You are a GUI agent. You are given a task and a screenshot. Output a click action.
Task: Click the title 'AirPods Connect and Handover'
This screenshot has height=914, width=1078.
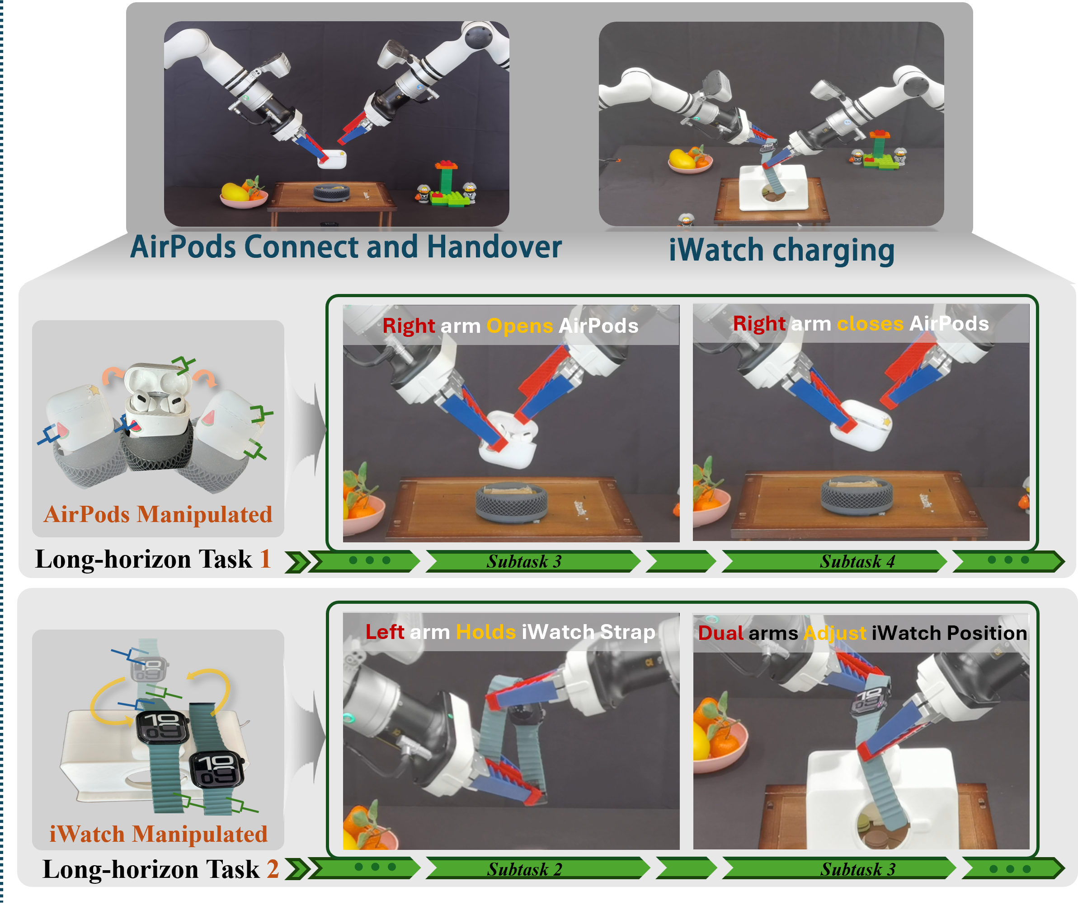coord(345,247)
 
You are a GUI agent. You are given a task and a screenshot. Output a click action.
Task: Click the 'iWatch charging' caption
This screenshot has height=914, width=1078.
coord(781,251)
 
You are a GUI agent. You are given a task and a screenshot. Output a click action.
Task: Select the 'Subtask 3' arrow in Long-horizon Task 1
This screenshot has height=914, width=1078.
coord(533,562)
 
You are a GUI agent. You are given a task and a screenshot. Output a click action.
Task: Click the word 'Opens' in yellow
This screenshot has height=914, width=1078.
coord(519,326)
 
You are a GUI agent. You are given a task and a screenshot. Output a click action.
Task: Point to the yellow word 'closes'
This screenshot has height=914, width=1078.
coord(870,324)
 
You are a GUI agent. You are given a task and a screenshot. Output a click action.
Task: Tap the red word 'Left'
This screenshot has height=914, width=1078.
coord(385,632)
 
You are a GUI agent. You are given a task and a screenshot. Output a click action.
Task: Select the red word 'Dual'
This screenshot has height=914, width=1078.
coord(721,633)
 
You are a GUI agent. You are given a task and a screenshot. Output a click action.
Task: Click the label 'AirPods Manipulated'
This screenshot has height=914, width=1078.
coord(158,514)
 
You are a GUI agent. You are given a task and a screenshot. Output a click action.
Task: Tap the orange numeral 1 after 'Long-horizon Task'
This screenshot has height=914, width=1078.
coord(265,560)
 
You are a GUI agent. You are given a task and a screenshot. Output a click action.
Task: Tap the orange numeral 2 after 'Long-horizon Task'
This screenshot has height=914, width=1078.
coord(273,869)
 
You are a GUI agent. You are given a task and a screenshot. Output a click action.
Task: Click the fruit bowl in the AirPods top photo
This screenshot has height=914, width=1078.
coord(244,194)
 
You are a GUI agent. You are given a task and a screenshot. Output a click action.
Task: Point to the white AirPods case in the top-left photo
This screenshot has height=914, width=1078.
coord(332,159)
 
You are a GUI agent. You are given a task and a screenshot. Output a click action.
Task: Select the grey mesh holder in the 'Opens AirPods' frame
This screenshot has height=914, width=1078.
coord(511,502)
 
